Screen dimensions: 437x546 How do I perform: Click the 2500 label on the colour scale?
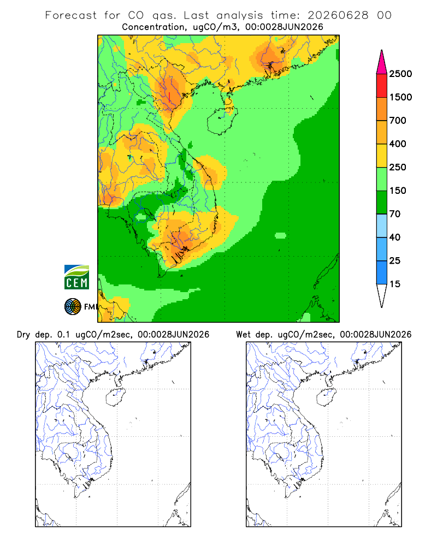click(x=400, y=74)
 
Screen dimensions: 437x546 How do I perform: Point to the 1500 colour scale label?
click(x=400, y=97)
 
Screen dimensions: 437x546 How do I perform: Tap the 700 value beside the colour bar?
click(x=398, y=121)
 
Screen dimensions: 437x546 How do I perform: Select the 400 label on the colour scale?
click(x=398, y=144)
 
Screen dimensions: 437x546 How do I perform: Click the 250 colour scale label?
click(x=398, y=167)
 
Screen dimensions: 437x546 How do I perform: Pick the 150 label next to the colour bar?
click(x=398, y=191)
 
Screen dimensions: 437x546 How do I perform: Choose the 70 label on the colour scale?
click(x=395, y=214)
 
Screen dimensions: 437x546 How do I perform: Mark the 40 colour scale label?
click(x=395, y=237)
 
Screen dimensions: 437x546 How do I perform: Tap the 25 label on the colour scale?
click(x=395, y=260)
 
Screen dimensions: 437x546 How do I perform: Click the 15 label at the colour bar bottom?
click(x=395, y=284)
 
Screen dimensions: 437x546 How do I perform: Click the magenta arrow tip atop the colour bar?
click(x=382, y=50)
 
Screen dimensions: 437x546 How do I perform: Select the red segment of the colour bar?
click(x=382, y=85)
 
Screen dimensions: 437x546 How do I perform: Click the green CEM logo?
click(x=76, y=277)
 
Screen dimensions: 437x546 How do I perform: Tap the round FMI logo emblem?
click(x=73, y=307)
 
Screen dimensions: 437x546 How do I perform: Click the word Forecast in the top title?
click(x=71, y=15)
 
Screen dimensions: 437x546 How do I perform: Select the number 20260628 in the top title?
click(x=338, y=15)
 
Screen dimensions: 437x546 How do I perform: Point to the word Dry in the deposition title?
click(x=23, y=335)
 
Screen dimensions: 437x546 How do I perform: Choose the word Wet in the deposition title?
click(x=243, y=334)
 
